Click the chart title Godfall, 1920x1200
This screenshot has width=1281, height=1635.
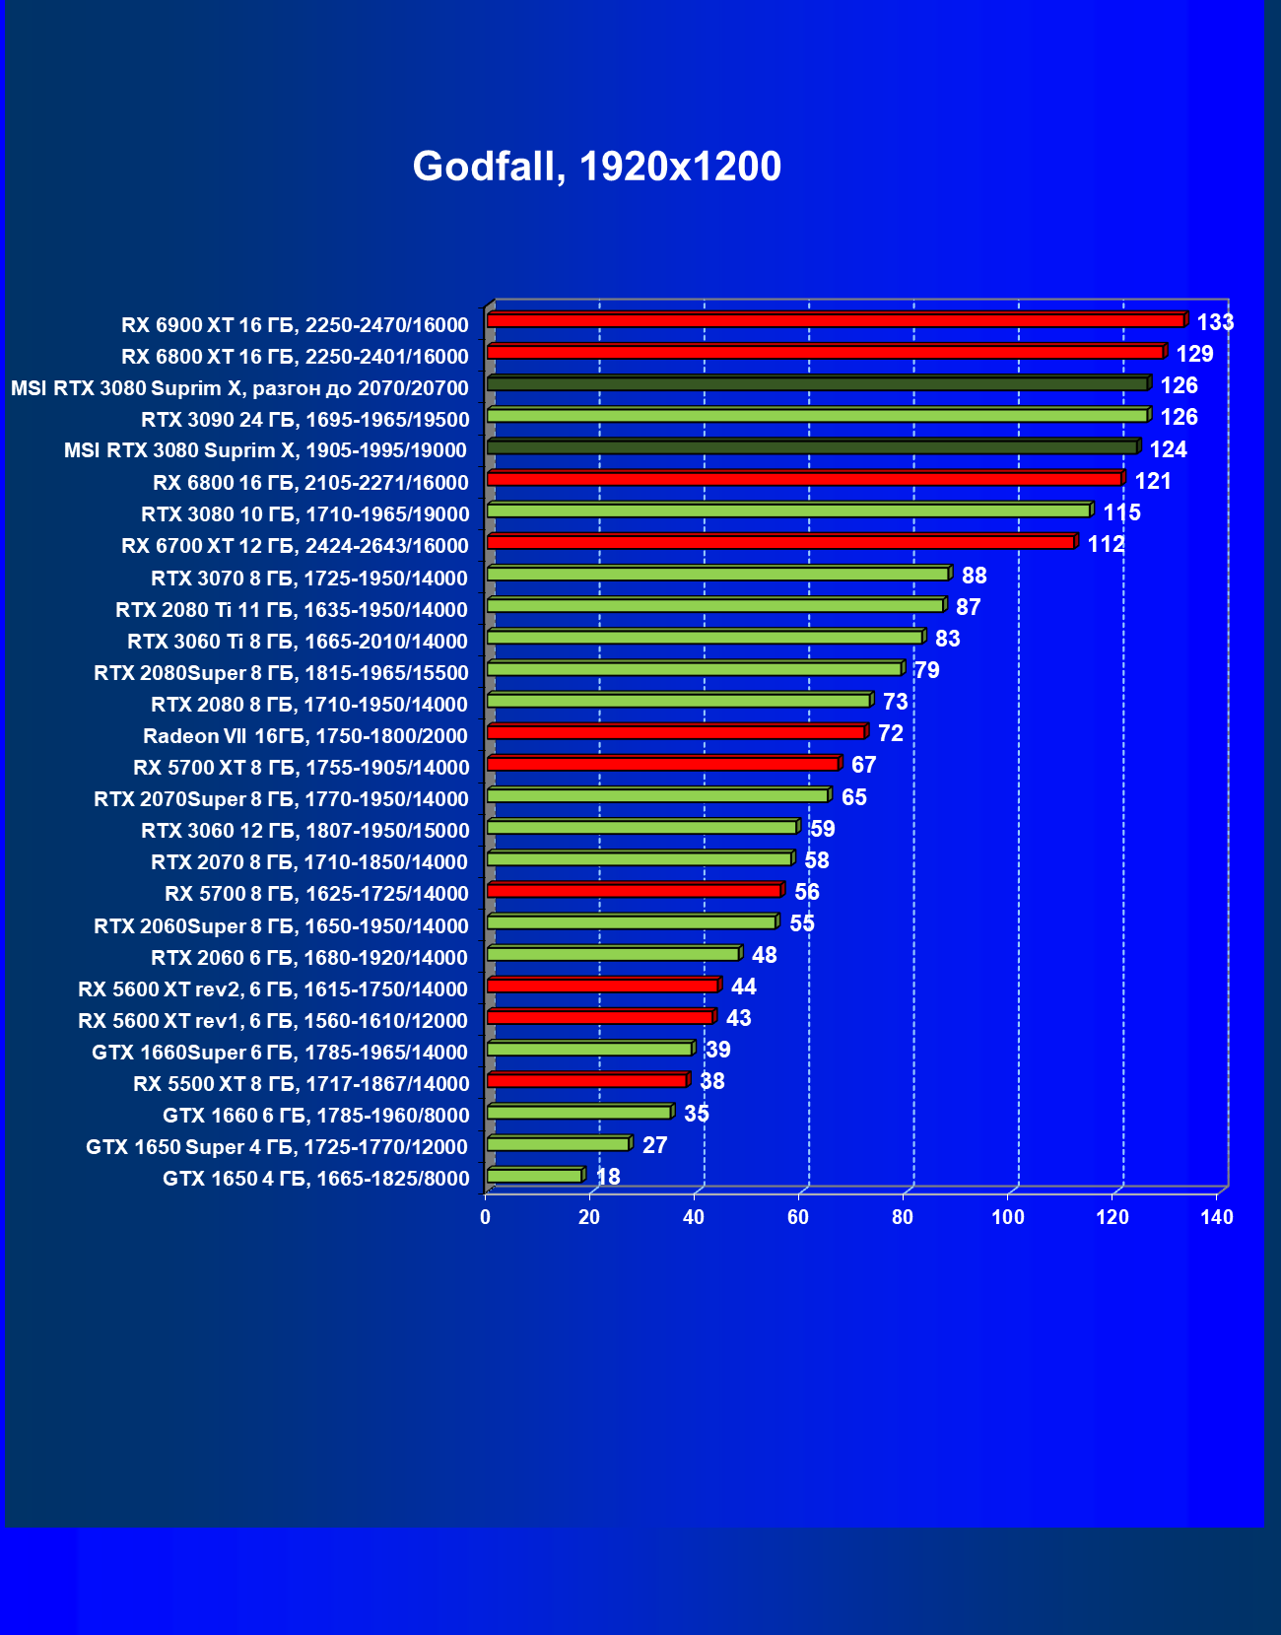[596, 166]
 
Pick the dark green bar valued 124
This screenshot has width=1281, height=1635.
[811, 447]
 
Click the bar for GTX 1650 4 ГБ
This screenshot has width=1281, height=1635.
[534, 1175]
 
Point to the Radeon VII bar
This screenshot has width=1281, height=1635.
[675, 731]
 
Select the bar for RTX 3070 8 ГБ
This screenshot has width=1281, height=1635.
[717, 574]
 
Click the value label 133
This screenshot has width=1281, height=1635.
[1215, 322]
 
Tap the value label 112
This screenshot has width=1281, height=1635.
[1106, 544]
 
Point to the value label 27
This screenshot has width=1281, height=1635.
[654, 1145]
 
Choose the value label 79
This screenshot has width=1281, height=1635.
[926, 670]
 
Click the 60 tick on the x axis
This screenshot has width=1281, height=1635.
[798, 1217]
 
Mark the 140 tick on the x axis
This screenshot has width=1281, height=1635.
[1217, 1217]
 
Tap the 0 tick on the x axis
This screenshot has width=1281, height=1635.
[485, 1217]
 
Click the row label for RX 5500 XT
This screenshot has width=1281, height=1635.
[302, 1084]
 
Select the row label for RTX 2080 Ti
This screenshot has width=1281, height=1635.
[292, 610]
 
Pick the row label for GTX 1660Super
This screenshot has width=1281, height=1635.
[280, 1053]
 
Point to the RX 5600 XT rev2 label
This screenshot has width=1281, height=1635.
[273, 989]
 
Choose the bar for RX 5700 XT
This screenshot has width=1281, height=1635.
[662, 764]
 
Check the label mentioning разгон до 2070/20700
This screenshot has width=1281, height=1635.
[239, 388]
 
